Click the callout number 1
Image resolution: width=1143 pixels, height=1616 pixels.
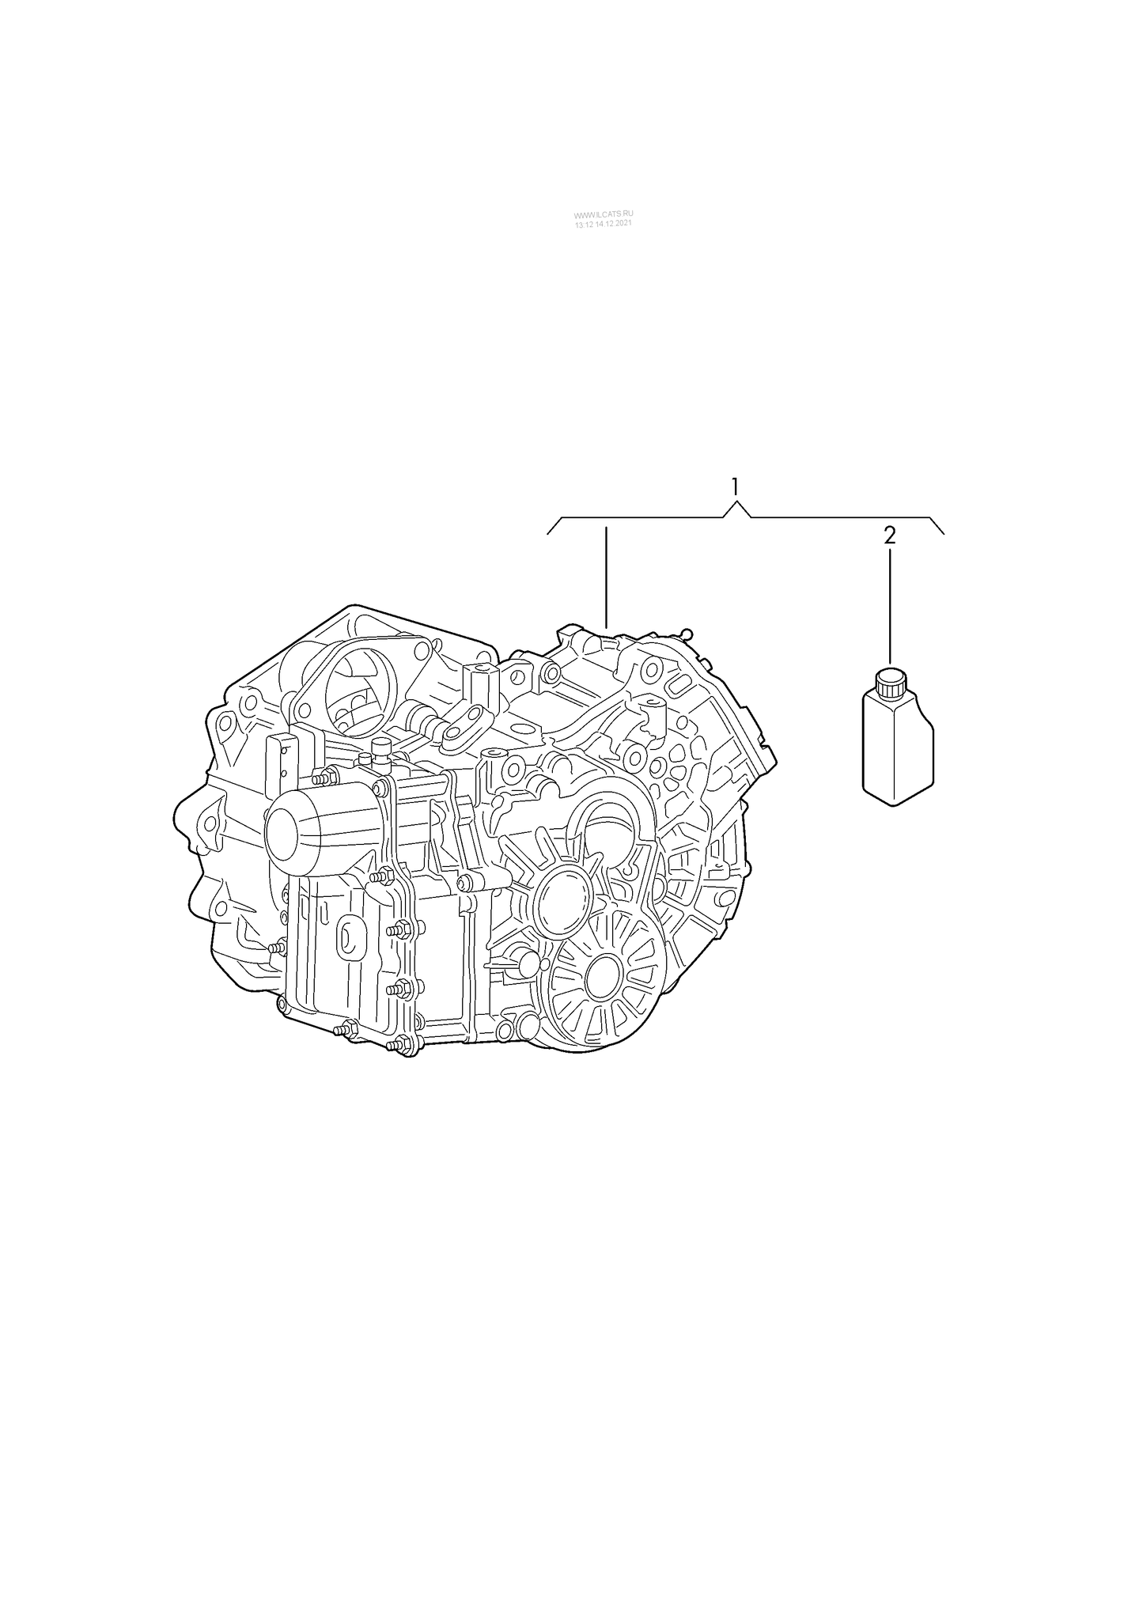coord(736,486)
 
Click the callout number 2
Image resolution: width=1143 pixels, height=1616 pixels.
coord(890,536)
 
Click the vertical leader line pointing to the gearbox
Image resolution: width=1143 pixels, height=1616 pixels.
coord(606,577)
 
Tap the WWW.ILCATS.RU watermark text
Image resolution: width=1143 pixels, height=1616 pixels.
coord(604,215)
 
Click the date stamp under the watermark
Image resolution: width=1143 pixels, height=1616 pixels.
coord(604,225)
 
